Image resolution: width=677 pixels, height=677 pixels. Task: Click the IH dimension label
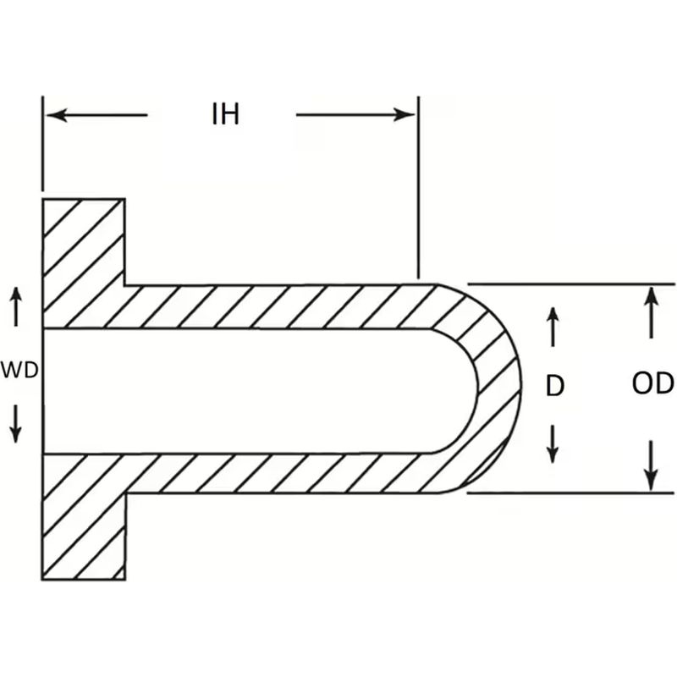[225, 114]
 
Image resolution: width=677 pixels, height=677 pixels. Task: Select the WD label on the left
[19, 370]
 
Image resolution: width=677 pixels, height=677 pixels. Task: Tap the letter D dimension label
[554, 386]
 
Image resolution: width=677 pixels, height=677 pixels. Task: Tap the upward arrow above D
[552, 326]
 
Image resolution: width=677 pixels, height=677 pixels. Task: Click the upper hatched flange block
[83, 254]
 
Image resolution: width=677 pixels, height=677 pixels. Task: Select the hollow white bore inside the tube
[254, 390]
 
